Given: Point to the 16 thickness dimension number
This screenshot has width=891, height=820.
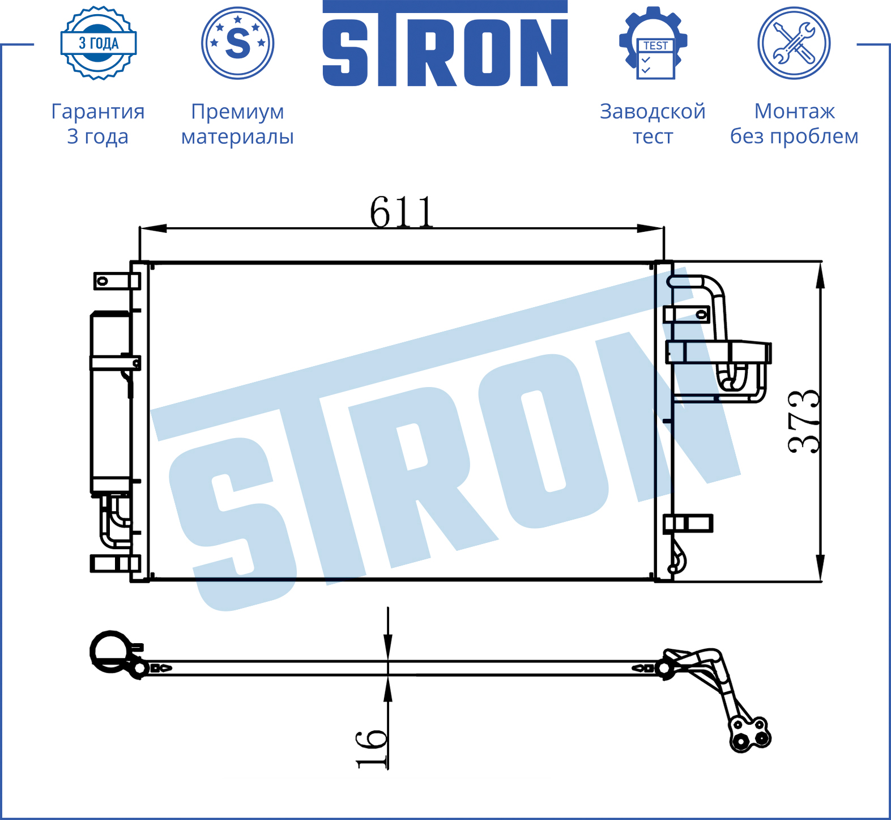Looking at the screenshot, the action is pos(372,749).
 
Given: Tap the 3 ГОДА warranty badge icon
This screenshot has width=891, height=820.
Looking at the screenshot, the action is pos(99,43).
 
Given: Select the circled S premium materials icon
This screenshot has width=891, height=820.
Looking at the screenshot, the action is pos(238,43).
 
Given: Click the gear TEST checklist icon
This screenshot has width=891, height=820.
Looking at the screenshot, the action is pos(653,43).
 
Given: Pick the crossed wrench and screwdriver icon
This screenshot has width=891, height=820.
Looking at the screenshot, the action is pos(794,43).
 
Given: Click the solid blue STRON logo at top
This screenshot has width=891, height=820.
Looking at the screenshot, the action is pos(445,43).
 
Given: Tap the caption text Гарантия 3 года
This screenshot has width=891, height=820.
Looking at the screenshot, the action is pos(98,124).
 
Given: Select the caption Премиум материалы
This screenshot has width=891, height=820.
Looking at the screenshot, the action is pos(237,124).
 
